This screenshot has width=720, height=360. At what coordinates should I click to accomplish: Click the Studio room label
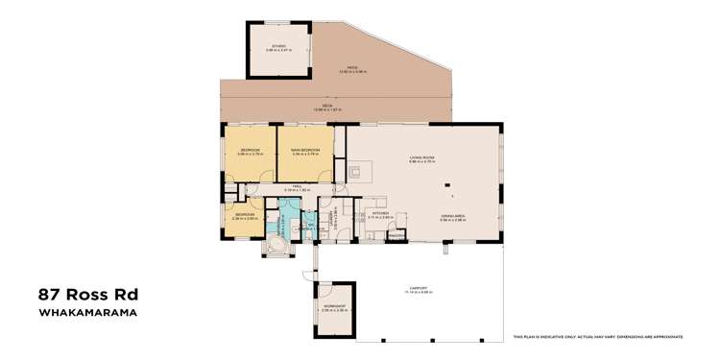(278, 47)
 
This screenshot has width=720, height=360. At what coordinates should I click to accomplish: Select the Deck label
(329, 108)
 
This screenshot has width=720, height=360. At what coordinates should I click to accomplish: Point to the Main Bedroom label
(305, 151)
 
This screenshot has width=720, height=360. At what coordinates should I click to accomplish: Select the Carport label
(415, 289)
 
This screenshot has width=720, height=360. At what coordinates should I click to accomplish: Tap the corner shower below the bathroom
(276, 246)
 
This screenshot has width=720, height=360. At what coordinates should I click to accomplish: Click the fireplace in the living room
(354, 173)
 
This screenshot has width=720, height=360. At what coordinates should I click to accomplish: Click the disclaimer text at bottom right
(597, 337)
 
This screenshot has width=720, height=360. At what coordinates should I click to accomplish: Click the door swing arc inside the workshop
(324, 291)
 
